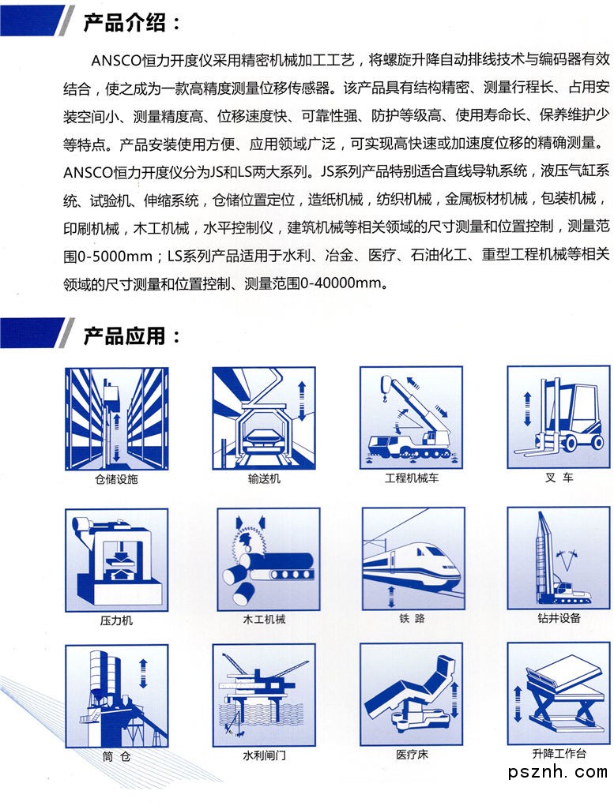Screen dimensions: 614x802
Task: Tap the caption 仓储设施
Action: coord(116,479)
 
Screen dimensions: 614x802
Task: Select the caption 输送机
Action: coord(264,478)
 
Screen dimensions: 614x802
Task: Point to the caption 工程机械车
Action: coord(411,478)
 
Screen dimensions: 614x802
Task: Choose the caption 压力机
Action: coord(116,621)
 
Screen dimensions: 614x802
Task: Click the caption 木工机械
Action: coord(264,620)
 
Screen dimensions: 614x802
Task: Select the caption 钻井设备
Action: coord(559,618)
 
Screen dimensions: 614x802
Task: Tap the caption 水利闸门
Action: coord(264,755)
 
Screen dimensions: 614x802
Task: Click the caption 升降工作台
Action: coord(559,753)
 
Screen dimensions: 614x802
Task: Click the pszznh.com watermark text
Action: coord(557,771)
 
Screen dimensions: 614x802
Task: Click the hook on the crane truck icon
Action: coord(382,396)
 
